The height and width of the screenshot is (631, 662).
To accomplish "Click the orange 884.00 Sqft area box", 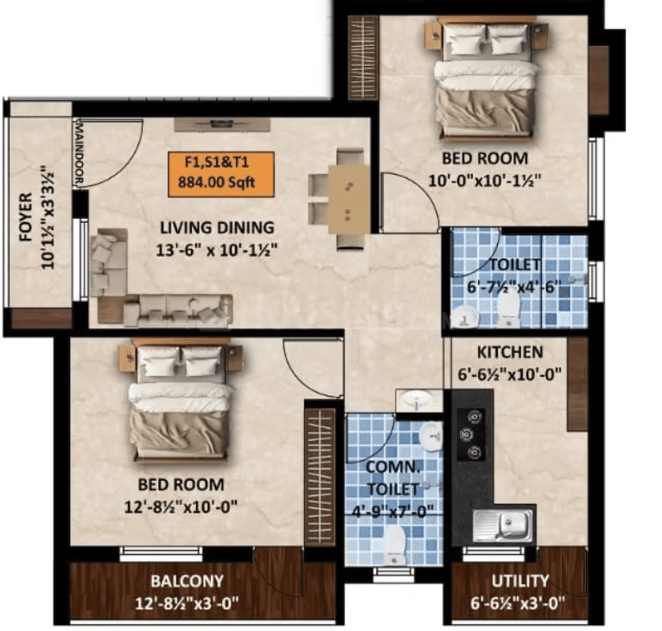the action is [x=221, y=175].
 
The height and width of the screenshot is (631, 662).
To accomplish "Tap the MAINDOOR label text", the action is [x=79, y=152].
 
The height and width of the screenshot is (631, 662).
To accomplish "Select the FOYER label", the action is [x=26, y=217].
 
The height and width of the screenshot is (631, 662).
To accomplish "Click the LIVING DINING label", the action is [x=217, y=227].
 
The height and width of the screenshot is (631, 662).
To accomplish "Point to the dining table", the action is [x=349, y=200].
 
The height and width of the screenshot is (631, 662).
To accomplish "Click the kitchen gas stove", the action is [x=472, y=434].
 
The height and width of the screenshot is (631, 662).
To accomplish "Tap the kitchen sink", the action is [x=503, y=526].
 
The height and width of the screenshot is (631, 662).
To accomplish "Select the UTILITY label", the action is [x=520, y=581].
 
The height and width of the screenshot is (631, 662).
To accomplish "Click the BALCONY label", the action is [x=187, y=581].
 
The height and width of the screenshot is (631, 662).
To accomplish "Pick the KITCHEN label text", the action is [x=510, y=353].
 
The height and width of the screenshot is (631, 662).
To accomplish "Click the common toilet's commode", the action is [x=395, y=545].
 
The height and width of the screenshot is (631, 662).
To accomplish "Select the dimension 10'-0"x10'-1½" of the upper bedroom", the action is [x=485, y=182].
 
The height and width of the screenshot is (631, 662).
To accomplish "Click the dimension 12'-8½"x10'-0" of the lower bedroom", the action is [x=181, y=507].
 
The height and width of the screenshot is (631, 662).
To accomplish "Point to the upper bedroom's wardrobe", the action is [x=363, y=58].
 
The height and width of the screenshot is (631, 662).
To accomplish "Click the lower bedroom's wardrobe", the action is [x=320, y=477].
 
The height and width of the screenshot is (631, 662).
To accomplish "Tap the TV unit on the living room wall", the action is [x=222, y=125].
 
